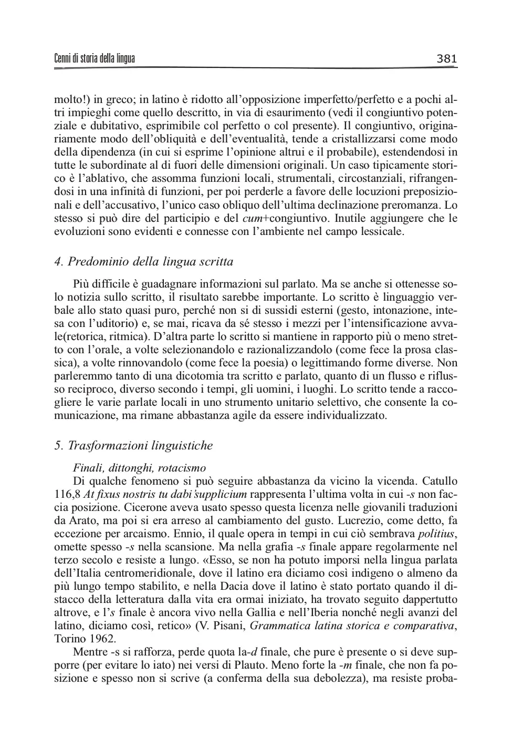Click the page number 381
point(446,59)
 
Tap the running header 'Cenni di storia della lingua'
point(95,59)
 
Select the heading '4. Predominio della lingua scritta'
point(144,262)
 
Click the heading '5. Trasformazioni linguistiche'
point(134,446)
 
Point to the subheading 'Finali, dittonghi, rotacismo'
point(140,468)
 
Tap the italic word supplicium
point(222,494)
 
